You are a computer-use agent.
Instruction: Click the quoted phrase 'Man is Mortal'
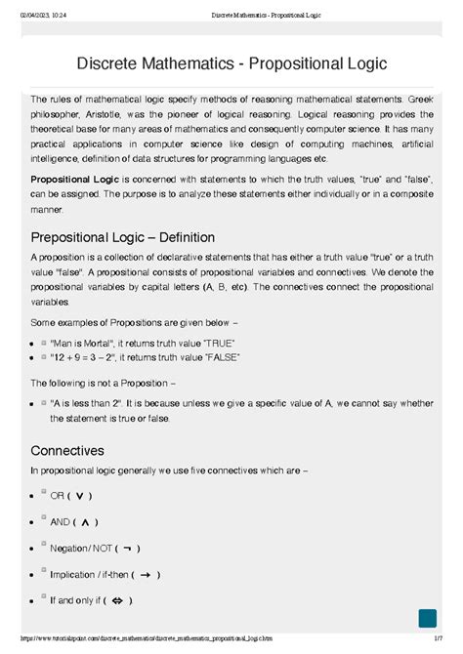[87, 343]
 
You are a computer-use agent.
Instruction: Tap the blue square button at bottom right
[427, 619]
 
